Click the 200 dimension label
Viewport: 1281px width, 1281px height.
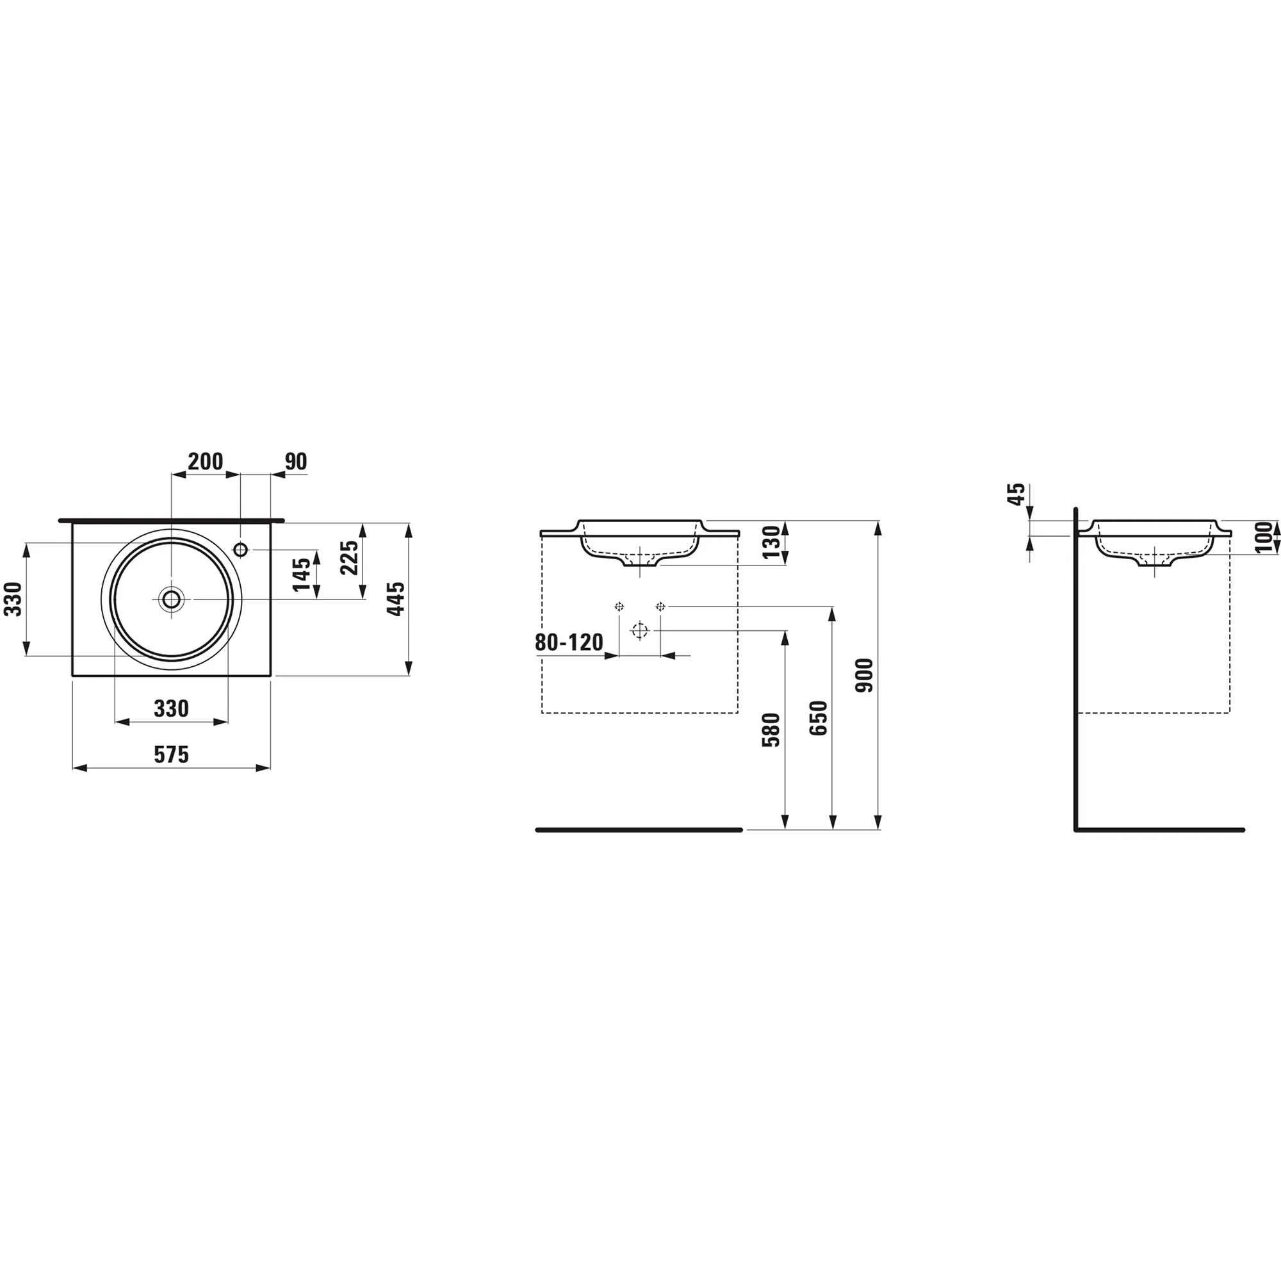pyautogui.click(x=205, y=461)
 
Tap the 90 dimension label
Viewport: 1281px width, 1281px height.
pyautogui.click(x=296, y=461)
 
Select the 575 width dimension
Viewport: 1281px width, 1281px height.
pyautogui.click(x=172, y=755)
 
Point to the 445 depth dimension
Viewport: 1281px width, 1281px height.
pyautogui.click(x=396, y=600)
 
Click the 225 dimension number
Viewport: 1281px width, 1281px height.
pyautogui.click(x=350, y=559)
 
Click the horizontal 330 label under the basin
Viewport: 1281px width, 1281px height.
pyautogui.click(x=172, y=709)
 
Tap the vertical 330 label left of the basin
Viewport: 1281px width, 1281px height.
pyautogui.click(x=14, y=600)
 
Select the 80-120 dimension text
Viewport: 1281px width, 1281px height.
pyautogui.click(x=569, y=642)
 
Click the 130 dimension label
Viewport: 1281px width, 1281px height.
pyautogui.click(x=772, y=543)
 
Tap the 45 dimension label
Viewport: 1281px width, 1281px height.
pyautogui.click(x=1016, y=494)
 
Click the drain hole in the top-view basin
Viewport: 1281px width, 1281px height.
pyautogui.click(x=172, y=600)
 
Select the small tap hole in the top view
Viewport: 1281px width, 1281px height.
pyautogui.click(x=241, y=550)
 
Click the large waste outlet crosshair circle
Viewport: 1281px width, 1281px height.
pyautogui.click(x=639, y=630)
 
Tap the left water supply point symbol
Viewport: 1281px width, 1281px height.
pyautogui.click(x=619, y=606)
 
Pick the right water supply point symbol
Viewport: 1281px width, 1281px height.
pyautogui.click(x=660, y=606)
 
